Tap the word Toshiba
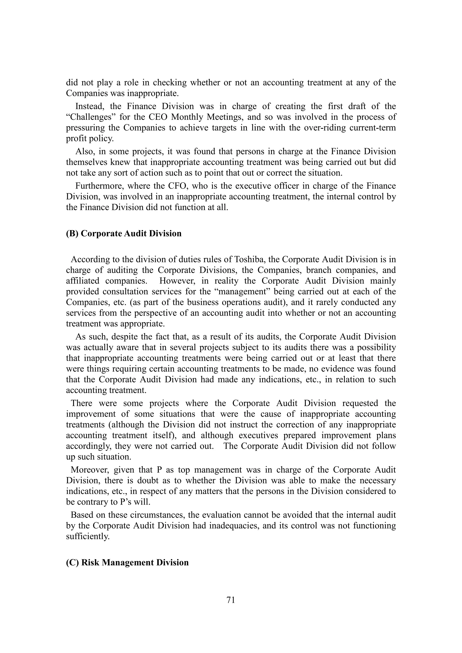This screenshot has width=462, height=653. (247, 259)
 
